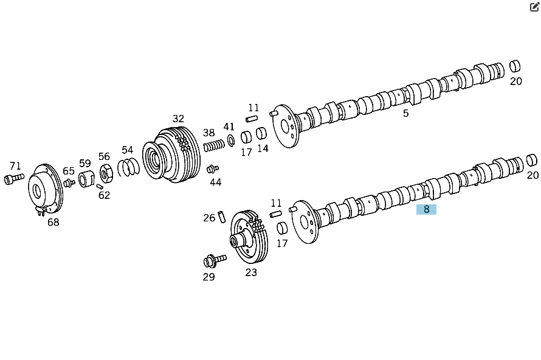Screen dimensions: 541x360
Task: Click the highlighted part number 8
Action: (x=426, y=209)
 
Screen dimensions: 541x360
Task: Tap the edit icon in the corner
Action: (x=534, y=7)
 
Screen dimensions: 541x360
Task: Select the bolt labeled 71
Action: (x=14, y=178)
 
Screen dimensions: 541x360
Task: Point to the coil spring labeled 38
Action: (x=214, y=145)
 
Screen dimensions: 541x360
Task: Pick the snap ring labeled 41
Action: (x=231, y=140)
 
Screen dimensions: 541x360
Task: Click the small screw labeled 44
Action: (x=213, y=169)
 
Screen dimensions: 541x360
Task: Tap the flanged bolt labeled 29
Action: (x=215, y=261)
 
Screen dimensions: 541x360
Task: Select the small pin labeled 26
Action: (x=222, y=216)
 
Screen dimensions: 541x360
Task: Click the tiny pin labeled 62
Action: (x=100, y=187)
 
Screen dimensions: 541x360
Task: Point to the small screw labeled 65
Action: (x=69, y=182)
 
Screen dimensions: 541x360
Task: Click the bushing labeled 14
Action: (x=261, y=133)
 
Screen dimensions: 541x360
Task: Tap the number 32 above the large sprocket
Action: (x=178, y=119)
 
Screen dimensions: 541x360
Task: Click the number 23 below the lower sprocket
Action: (x=251, y=272)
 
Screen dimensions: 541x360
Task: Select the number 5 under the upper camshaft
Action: (x=406, y=113)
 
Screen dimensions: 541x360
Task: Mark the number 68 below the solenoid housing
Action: (x=53, y=223)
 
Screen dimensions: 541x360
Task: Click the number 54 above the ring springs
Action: (x=127, y=150)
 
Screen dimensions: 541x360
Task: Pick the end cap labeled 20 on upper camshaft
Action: (x=515, y=66)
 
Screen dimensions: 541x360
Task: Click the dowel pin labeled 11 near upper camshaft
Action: (x=252, y=119)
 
